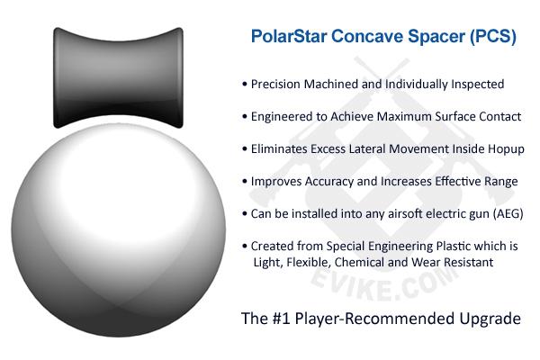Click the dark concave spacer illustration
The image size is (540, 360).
118,77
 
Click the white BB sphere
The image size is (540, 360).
119,229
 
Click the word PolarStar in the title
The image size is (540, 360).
289,36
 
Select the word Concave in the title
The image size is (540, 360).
367,36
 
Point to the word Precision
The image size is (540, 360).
275,84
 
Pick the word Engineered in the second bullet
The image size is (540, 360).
282,117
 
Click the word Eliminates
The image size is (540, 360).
279,149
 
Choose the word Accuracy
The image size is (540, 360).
328,182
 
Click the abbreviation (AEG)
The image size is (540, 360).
508,214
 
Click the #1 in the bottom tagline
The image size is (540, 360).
282,319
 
